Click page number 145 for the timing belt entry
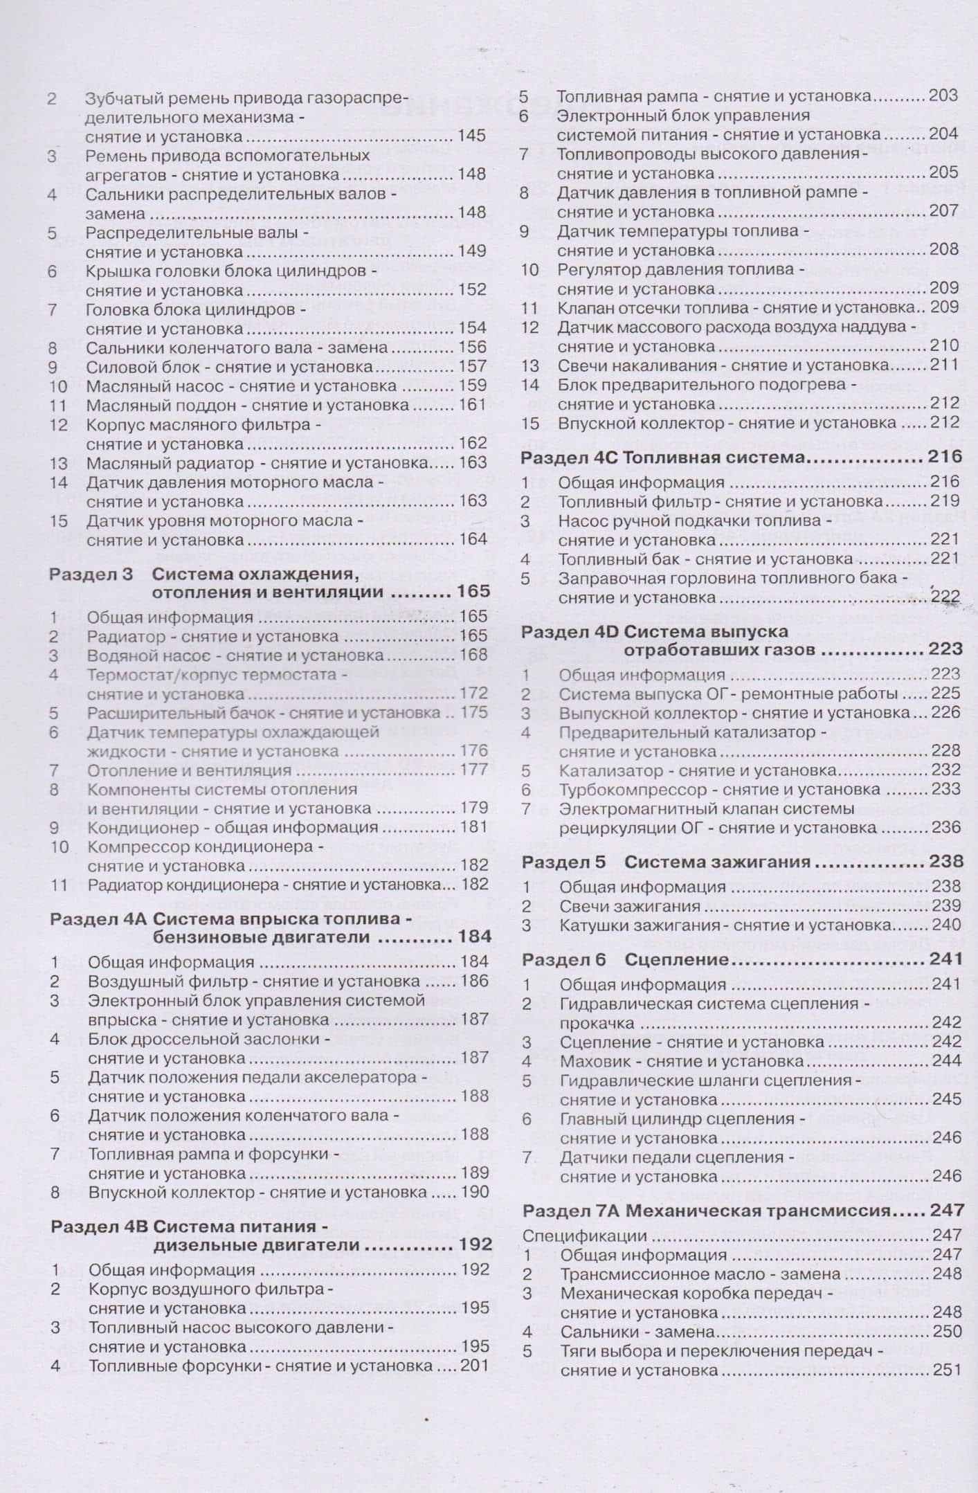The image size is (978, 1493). click(x=471, y=136)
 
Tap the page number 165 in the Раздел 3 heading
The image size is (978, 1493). click(x=473, y=592)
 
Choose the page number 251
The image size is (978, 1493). click(x=946, y=1370)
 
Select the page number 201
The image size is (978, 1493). click(x=474, y=1366)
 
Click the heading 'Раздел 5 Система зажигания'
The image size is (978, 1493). click(x=666, y=862)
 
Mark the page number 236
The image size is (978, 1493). click(x=945, y=827)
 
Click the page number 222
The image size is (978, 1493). click(x=945, y=597)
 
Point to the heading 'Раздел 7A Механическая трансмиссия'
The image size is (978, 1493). click(x=705, y=1211)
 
